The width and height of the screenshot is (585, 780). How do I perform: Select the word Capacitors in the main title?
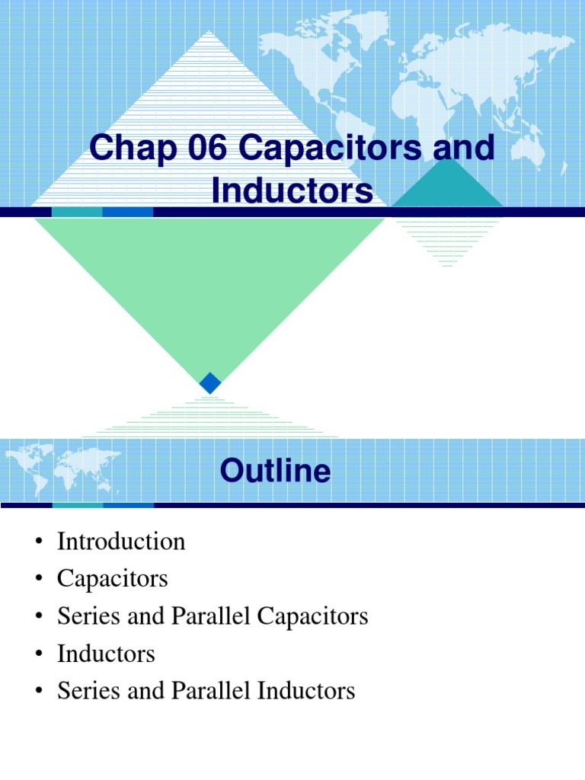[330, 149]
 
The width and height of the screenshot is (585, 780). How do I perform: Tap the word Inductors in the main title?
[292, 190]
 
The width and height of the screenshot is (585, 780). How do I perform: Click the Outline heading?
[275, 471]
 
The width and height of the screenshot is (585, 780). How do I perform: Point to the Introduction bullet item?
[121, 542]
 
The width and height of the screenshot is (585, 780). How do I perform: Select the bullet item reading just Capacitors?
[112, 579]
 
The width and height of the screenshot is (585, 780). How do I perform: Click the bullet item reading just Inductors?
[106, 654]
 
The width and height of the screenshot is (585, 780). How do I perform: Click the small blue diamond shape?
[210, 382]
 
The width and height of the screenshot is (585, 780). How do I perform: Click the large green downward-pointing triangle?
[209, 289]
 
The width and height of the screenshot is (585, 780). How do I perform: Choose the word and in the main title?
[463, 149]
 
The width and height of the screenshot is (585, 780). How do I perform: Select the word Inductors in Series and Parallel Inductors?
[308, 691]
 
